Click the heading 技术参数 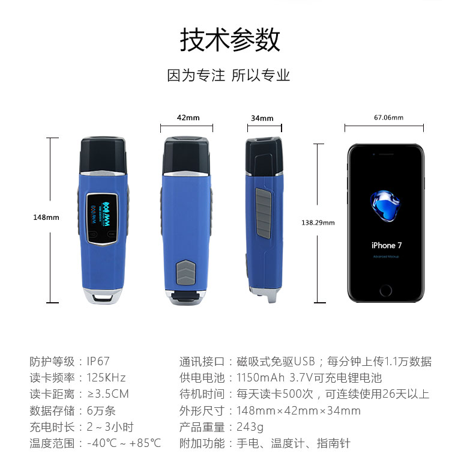pos(230,40)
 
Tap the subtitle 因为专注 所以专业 pos(228,75)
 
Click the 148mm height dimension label pos(46,217)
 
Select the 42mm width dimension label pos(188,118)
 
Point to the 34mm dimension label pos(262,118)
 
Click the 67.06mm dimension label pos(388,117)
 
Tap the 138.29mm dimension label pos(318,223)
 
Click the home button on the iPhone pos(385,291)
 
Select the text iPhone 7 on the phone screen pos(387,246)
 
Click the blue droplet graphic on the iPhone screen pos(385,206)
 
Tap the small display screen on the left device pos(102,218)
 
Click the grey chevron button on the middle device pos(186,272)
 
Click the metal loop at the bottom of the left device pos(103,296)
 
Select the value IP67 pos(98,362)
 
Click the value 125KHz pos(106,378)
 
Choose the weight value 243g pos(250,427)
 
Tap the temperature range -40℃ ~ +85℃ pos(124,443)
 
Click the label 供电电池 pos(202,378)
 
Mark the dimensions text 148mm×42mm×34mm pos(298,411)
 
